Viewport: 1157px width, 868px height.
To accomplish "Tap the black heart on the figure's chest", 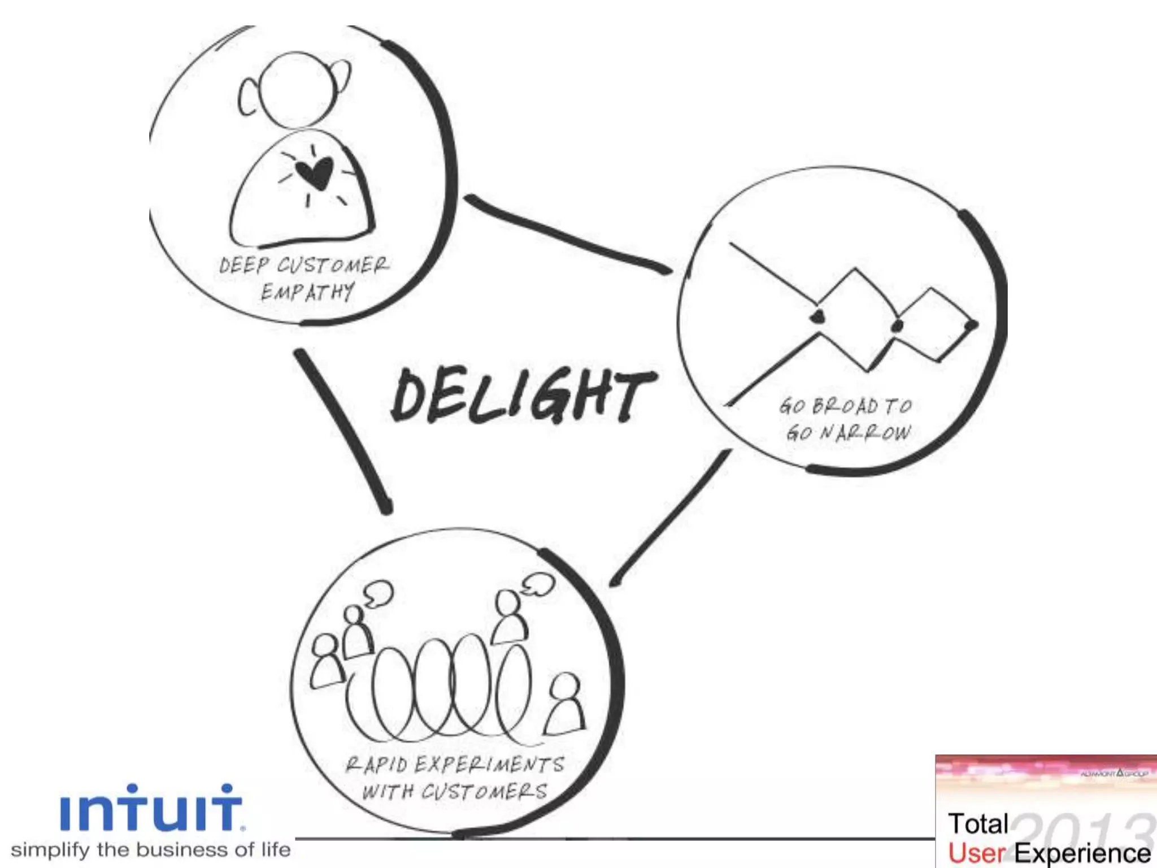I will pos(315,173).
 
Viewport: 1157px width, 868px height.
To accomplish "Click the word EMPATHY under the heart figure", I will pos(307,292).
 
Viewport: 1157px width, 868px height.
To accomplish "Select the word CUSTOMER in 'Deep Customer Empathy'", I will pos(333,265).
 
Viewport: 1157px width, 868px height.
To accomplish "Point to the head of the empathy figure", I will pos(298,90).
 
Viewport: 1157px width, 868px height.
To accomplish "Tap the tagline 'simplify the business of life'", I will pos(151,850).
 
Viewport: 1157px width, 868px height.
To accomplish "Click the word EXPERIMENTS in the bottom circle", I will pos(489,765).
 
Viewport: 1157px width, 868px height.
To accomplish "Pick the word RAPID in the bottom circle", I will pos(376,765).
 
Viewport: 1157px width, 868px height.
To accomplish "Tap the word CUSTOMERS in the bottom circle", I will pos(484,791).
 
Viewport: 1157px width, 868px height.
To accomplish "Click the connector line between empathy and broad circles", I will pos(565,235).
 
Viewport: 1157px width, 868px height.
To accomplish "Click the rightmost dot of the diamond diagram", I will pos(971,325).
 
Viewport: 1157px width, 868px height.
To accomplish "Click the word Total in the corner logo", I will pos(978,824).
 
